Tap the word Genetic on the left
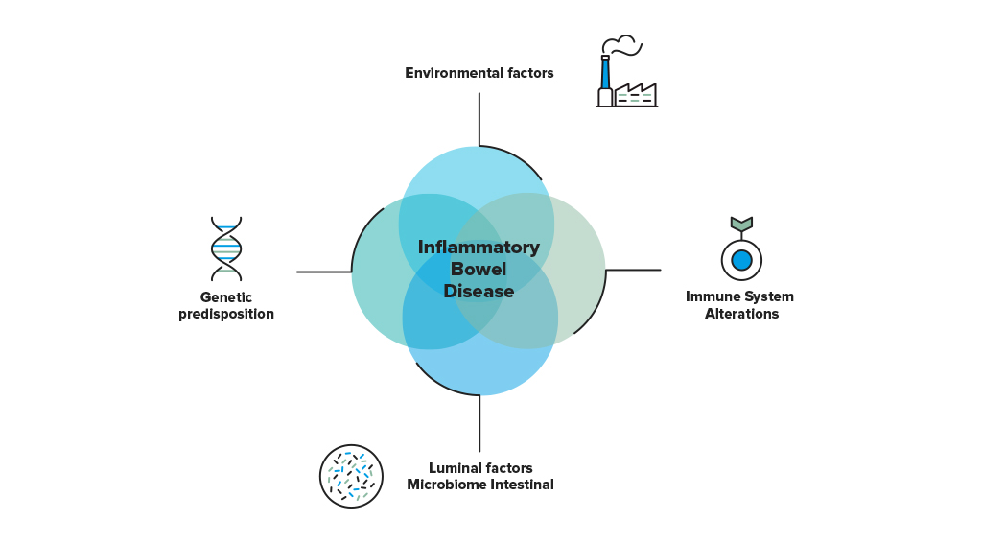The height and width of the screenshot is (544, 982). pyautogui.click(x=226, y=297)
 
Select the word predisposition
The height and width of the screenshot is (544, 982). pyautogui.click(x=226, y=314)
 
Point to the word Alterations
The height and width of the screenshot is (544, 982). pyautogui.click(x=741, y=314)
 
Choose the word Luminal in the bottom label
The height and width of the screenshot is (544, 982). pyautogui.click(x=454, y=468)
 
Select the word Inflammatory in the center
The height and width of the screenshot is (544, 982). pyautogui.click(x=479, y=247)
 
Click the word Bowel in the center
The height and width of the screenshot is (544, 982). pyautogui.click(x=479, y=269)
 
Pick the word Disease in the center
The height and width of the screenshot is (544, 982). pyautogui.click(x=479, y=291)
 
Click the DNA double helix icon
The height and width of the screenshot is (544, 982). pyautogui.click(x=226, y=248)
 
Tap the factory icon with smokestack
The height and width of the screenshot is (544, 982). pyautogui.click(x=626, y=71)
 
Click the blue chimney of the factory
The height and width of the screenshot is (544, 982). pyautogui.click(x=605, y=73)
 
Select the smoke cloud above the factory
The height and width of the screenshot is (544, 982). pyautogui.click(x=621, y=45)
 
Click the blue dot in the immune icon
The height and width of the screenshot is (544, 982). pyautogui.click(x=741, y=260)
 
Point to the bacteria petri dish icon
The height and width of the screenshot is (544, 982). pyautogui.click(x=351, y=476)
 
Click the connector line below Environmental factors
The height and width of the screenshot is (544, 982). pyautogui.click(x=479, y=120)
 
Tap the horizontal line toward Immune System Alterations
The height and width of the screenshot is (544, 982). pyautogui.click(x=633, y=271)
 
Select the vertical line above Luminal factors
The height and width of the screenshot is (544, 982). pyautogui.click(x=479, y=424)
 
